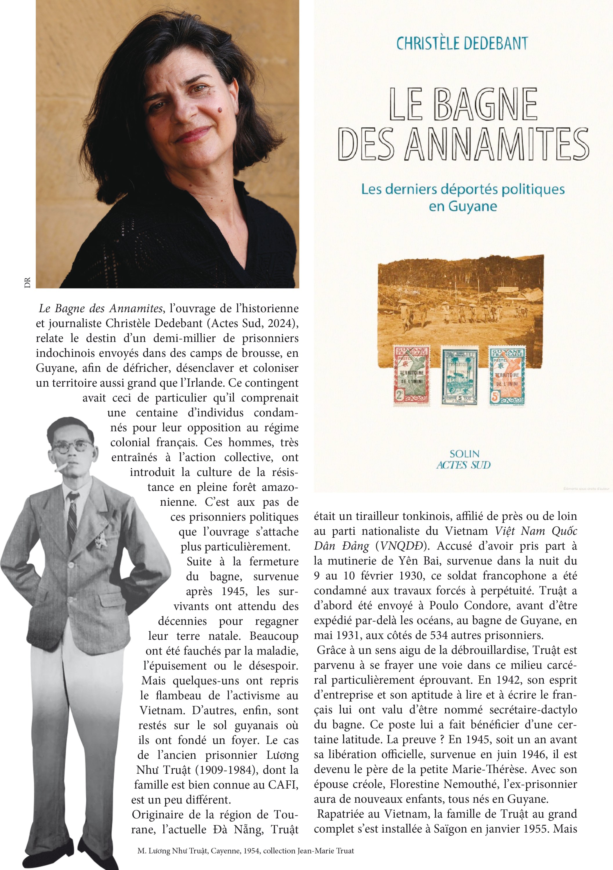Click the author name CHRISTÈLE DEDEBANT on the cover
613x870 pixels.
pos(462,43)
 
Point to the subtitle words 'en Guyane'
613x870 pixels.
pos(462,206)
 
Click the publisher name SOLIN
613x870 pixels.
pos(464,454)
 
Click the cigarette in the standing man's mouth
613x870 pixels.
pos(62,467)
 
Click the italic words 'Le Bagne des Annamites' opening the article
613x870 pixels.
pos(101,309)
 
